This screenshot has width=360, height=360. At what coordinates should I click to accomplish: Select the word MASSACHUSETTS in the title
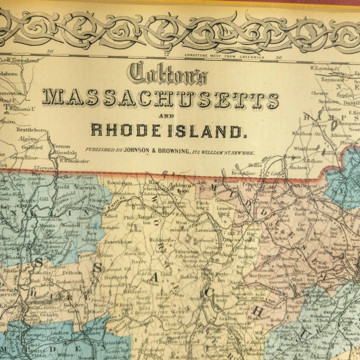pyautogui.click(x=161, y=100)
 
